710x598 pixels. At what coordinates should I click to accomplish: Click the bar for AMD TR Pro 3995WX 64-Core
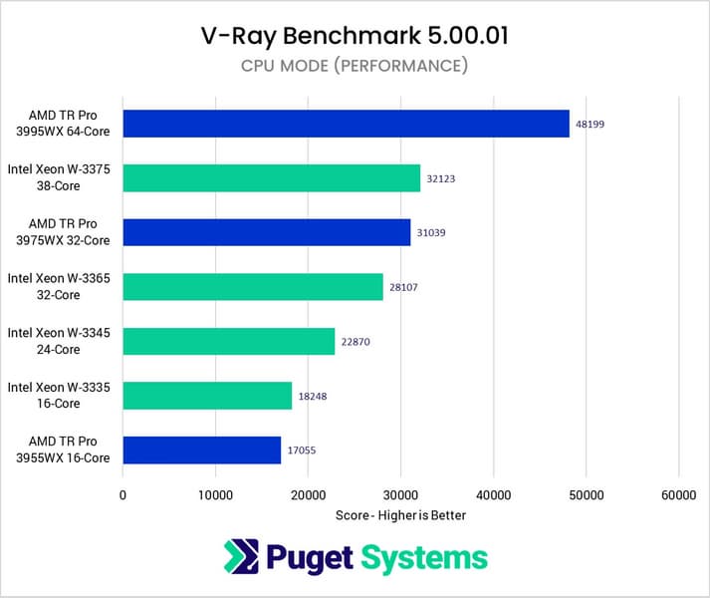[x=346, y=124]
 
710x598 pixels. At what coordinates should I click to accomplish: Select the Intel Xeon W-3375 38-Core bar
[x=271, y=178]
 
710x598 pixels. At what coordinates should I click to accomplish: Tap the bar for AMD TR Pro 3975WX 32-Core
[x=266, y=232]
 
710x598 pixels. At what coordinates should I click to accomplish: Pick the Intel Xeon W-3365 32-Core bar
[x=253, y=287]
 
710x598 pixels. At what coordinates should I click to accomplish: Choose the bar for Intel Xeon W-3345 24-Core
[x=228, y=342]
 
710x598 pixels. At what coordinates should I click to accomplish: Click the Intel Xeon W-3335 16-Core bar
[x=207, y=396]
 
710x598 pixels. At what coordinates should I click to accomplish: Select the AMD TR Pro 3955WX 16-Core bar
[x=201, y=450]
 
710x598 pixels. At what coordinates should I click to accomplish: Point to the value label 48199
[x=589, y=125]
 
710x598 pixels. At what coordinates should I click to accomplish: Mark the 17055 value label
[x=300, y=451]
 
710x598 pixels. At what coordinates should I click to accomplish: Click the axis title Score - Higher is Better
[x=401, y=515]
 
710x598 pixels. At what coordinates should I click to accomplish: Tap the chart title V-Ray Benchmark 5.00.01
[x=355, y=37]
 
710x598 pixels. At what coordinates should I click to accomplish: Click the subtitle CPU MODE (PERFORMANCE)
[x=355, y=66]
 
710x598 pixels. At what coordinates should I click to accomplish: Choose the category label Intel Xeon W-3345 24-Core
[x=66, y=342]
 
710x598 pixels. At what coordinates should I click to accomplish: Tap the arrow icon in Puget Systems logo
[x=241, y=557]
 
